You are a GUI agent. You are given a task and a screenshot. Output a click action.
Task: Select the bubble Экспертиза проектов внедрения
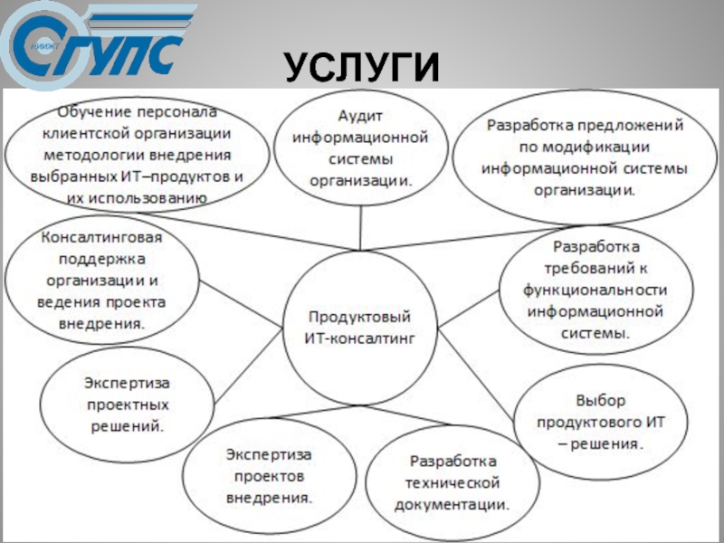269,474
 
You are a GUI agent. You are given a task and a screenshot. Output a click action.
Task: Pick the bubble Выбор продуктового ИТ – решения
600,422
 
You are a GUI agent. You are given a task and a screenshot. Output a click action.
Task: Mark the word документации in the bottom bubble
450,503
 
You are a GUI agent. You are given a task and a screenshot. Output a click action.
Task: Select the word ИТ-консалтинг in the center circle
359,338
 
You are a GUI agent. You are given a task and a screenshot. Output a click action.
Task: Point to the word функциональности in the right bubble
595,291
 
